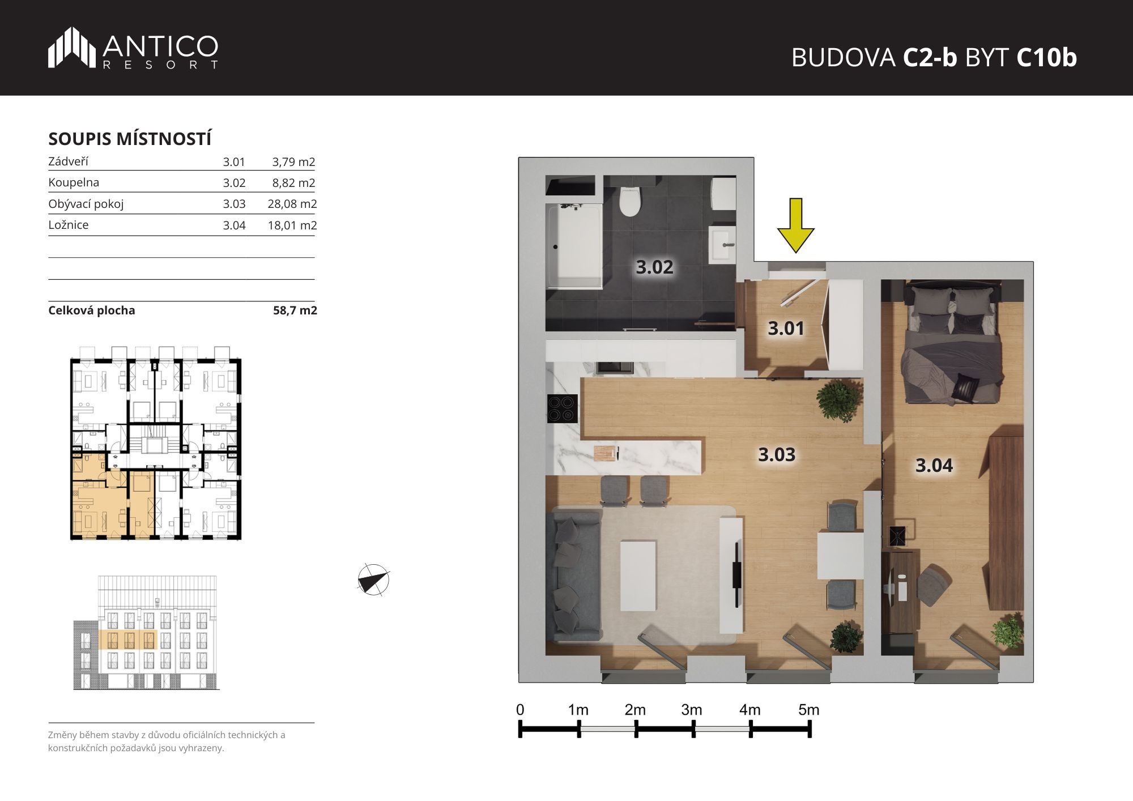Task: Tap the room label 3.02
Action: tap(654, 267)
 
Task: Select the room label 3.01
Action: tap(786, 328)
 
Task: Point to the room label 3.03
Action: tap(777, 454)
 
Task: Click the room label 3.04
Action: tap(934, 466)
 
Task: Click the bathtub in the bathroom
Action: tap(574, 246)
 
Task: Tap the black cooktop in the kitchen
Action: tap(563, 408)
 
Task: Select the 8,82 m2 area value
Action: tap(293, 183)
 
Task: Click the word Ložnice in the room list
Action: tap(69, 225)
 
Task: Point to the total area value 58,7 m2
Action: tap(295, 310)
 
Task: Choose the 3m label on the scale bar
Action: tap(692, 710)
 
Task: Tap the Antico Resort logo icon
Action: tap(72, 48)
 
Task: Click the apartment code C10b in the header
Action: tap(1046, 57)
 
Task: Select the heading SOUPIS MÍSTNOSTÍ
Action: tap(130, 139)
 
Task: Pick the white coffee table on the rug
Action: tap(638, 576)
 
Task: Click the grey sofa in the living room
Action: tap(573, 574)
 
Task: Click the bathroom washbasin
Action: tap(722, 245)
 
